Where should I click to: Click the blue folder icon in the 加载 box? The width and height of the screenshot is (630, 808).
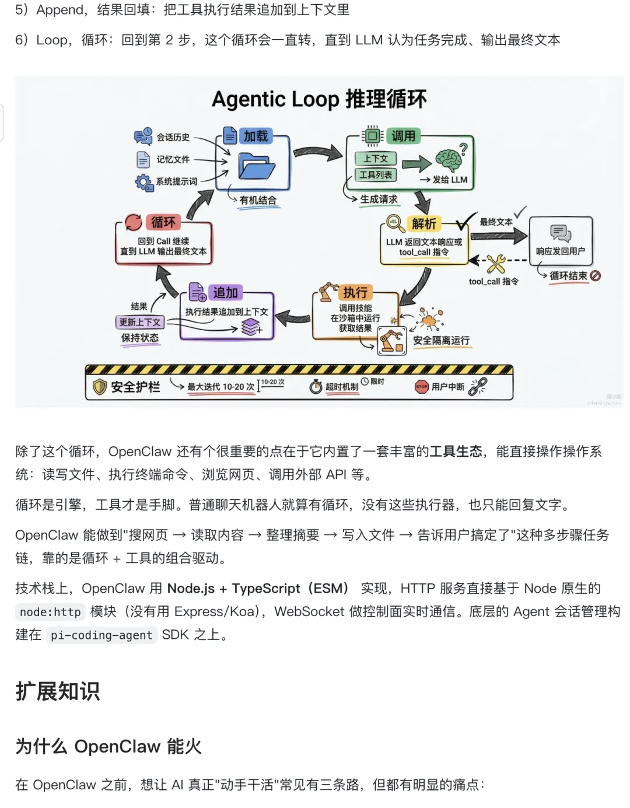[x=256, y=167]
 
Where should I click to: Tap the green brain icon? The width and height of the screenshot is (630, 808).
[x=448, y=159]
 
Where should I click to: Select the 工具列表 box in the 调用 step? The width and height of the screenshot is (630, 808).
[x=376, y=174]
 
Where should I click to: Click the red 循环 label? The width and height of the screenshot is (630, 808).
[x=163, y=222]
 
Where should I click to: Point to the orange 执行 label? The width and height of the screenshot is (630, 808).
[x=355, y=292]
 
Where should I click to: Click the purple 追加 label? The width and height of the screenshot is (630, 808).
[x=225, y=292]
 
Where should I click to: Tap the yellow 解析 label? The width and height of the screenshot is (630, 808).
[x=423, y=223]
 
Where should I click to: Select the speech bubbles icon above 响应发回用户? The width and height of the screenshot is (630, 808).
[x=561, y=233]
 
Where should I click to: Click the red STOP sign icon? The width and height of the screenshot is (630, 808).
[x=421, y=386]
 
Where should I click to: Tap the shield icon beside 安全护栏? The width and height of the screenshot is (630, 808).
[x=100, y=386]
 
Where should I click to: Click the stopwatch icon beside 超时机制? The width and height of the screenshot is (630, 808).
[x=316, y=386]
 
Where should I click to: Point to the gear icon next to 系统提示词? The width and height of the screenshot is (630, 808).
[x=143, y=182]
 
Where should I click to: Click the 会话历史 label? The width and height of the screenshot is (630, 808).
[x=173, y=137]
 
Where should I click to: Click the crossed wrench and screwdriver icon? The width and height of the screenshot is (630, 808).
[x=496, y=264]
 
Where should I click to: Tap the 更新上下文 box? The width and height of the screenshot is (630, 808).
[x=140, y=322]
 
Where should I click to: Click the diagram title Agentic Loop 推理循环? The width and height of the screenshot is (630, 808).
[x=318, y=99]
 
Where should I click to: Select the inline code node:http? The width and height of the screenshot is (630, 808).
[x=50, y=612]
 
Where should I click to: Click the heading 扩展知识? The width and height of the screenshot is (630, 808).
[x=57, y=691]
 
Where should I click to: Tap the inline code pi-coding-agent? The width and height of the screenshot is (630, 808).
[x=101, y=635]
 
